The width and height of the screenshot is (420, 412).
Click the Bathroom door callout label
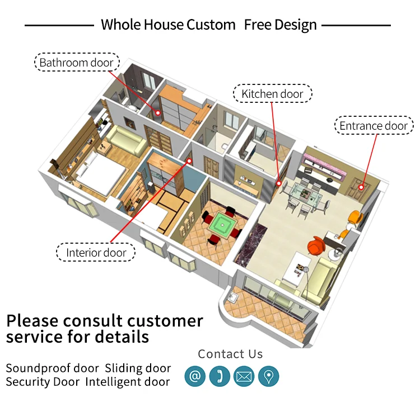click(x=77, y=63)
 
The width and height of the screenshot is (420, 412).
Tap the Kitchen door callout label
click(x=272, y=94)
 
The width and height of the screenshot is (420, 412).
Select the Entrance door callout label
click(x=374, y=126)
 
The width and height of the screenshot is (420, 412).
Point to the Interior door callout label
click(x=96, y=253)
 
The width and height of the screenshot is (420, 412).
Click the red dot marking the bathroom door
click(x=158, y=112)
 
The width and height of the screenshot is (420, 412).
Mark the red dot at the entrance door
click(x=362, y=187)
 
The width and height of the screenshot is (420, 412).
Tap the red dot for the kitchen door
click(x=278, y=183)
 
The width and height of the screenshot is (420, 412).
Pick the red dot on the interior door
click(x=189, y=161)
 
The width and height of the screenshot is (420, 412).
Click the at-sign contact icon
click(x=195, y=376)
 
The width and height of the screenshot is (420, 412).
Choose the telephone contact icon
click(x=220, y=376)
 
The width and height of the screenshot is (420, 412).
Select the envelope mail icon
click(x=244, y=376)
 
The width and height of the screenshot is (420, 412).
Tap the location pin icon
click(x=268, y=376)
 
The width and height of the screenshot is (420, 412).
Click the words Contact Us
click(x=230, y=354)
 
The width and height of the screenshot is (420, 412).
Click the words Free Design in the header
click(x=280, y=25)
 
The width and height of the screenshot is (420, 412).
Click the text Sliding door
click(x=138, y=368)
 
